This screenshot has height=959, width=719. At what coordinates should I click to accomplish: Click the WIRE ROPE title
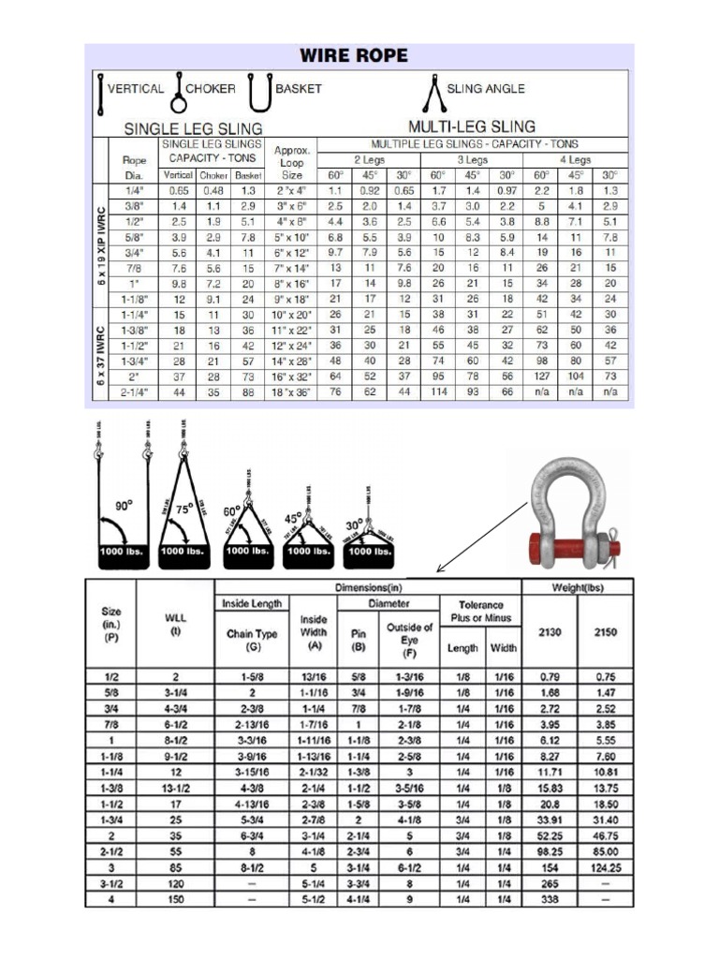352,55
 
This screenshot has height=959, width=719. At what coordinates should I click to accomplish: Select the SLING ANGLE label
486,89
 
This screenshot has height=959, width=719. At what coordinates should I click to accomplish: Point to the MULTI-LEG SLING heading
472,125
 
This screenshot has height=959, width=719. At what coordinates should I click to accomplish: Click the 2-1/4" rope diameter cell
133,391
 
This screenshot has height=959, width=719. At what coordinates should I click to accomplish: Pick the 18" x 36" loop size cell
292,391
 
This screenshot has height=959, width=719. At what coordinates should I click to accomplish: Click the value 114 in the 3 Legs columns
438,391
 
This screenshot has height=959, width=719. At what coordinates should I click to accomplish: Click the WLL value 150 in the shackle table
175,900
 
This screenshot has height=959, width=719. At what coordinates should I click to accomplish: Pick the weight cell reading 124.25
605,868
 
